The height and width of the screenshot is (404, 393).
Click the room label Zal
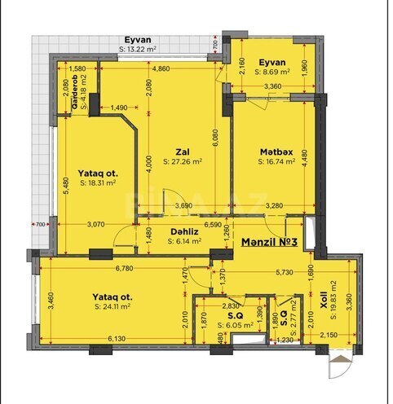tap(182, 151)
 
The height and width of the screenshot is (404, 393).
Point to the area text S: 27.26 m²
tap(183, 161)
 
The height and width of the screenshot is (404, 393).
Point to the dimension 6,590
tap(213, 223)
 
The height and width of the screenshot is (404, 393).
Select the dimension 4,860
tap(161, 69)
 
